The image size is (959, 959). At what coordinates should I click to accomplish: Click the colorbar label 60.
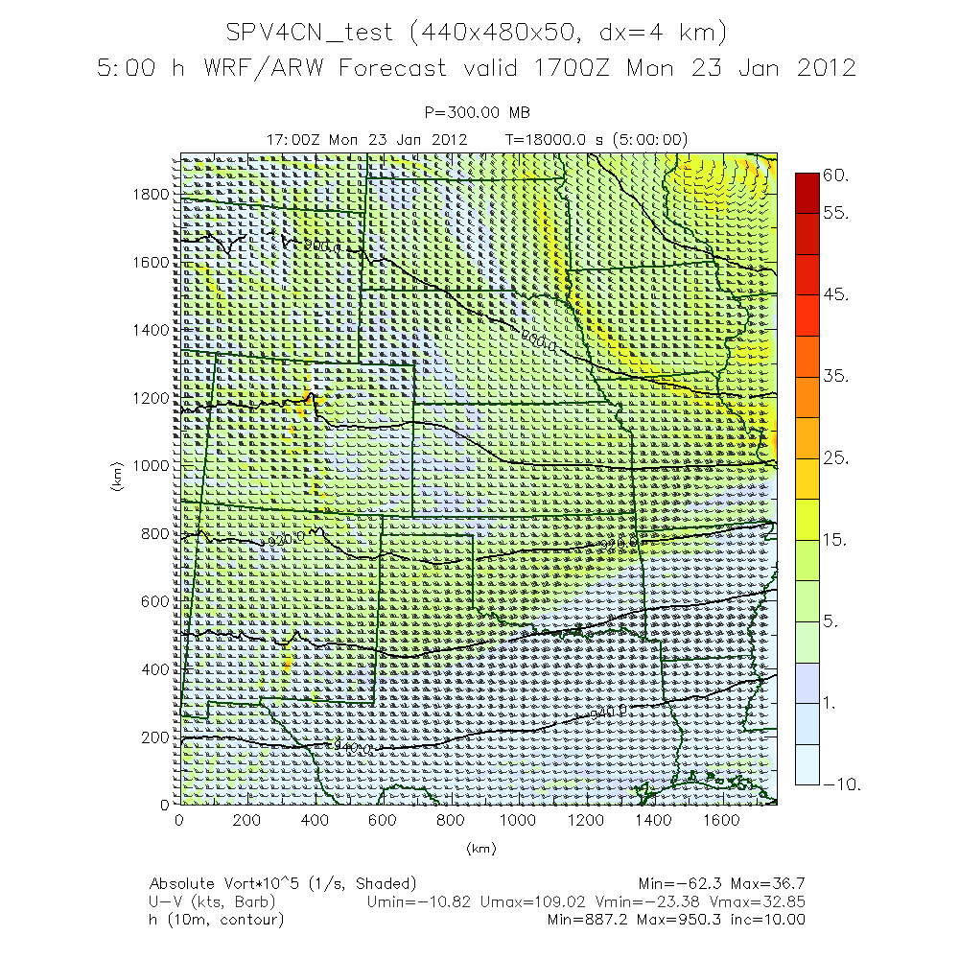837,175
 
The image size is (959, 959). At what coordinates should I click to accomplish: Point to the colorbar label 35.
837,377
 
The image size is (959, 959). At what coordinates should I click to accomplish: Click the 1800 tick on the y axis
152,194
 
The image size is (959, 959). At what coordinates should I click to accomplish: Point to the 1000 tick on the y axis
152,465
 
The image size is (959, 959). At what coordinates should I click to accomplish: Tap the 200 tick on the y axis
156,737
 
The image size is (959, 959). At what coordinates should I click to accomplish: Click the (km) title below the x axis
478,849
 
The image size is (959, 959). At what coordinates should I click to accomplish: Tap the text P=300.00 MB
478,113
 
